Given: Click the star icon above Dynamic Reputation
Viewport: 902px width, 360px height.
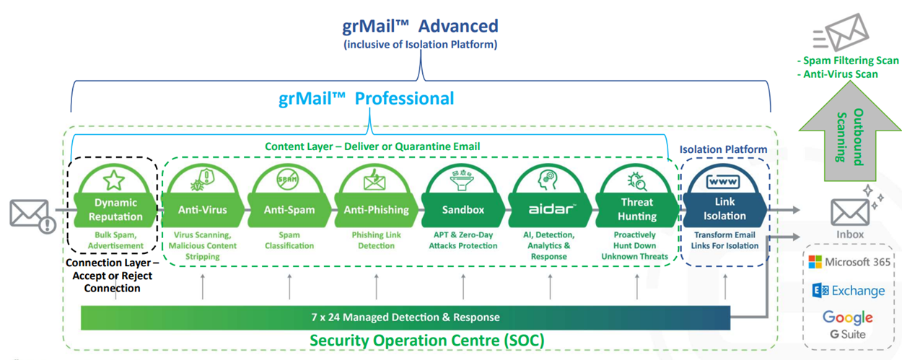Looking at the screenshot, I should click(x=114, y=179).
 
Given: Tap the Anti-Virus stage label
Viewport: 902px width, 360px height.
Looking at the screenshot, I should click(x=203, y=210).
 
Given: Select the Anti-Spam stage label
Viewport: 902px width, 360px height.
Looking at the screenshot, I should click(x=289, y=210).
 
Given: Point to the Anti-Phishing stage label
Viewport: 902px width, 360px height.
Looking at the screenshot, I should click(x=376, y=210).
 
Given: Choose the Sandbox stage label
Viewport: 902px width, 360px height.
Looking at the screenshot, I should click(x=463, y=210).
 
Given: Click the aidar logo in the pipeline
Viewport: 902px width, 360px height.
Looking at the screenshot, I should click(x=551, y=209).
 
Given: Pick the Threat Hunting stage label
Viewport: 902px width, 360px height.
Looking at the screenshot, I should click(x=637, y=209).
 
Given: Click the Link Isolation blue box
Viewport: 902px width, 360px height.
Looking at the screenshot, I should click(x=724, y=209).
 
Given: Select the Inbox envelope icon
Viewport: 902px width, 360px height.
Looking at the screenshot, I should click(x=849, y=211).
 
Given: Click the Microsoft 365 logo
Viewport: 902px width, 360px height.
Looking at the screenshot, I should click(x=849, y=262).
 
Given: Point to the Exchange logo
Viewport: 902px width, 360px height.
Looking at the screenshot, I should click(x=849, y=290).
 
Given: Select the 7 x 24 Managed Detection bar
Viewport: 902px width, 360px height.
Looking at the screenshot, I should click(x=405, y=317).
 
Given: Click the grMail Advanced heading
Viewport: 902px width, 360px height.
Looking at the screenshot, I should click(x=420, y=27).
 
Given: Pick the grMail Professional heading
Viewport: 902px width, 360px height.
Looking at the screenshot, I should click(x=367, y=98).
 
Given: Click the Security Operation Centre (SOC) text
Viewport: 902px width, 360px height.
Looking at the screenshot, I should click(x=426, y=340).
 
